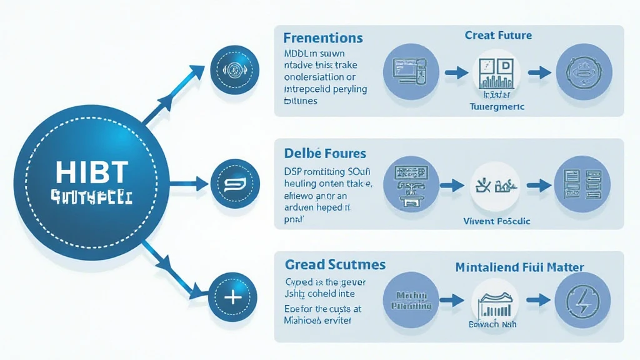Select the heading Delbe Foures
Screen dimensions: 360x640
(x=324, y=153)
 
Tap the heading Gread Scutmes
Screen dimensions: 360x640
(x=334, y=265)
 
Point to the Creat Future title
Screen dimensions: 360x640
(x=498, y=35)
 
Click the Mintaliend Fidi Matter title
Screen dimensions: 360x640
(x=520, y=267)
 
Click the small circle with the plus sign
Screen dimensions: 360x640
(x=232, y=297)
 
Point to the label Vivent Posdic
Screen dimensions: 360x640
(x=497, y=221)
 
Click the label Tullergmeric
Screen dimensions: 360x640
(x=496, y=107)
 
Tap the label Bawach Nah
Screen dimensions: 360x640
(x=494, y=325)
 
